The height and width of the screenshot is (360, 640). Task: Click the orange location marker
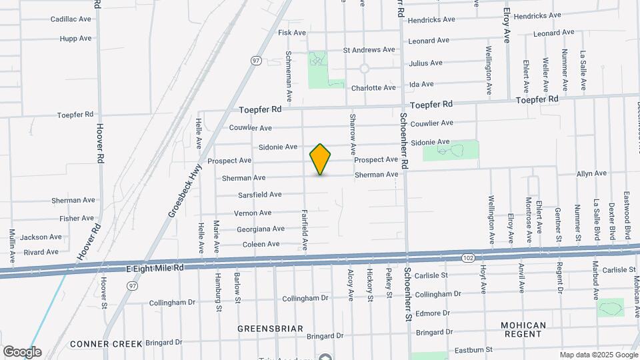click(x=320, y=159)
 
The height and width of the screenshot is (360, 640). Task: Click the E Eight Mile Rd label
click(x=155, y=267)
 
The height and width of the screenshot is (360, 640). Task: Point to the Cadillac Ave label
click(x=71, y=19)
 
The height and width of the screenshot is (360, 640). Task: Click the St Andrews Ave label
click(x=369, y=50)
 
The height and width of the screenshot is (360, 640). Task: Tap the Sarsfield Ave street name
click(x=259, y=195)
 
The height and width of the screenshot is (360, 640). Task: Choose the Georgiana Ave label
click(x=261, y=229)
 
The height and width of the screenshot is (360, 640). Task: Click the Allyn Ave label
click(x=591, y=173)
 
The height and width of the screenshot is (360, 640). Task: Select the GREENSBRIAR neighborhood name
click(x=270, y=329)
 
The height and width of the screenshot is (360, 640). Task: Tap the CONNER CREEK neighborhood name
click(x=106, y=344)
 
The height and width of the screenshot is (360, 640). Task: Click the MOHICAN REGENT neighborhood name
click(x=523, y=329)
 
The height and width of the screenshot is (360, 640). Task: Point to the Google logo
click(x=21, y=351)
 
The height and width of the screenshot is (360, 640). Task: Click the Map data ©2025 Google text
click(x=598, y=355)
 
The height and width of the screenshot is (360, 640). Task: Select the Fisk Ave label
click(x=291, y=33)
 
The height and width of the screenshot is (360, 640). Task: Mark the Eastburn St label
click(x=471, y=349)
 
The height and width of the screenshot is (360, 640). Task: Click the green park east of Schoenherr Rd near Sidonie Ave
click(x=451, y=151)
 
